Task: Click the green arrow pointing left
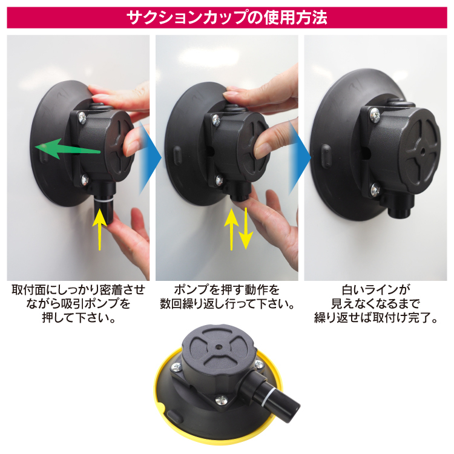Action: (x=67, y=148)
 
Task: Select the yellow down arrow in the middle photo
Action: (x=246, y=228)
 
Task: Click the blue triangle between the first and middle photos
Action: (x=150, y=158)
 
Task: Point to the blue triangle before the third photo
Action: (x=300, y=158)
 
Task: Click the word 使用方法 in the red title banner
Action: (x=295, y=18)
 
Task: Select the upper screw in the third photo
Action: (x=375, y=115)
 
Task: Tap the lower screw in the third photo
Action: (x=375, y=189)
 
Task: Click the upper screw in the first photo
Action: (x=82, y=119)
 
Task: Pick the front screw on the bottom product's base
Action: (x=221, y=400)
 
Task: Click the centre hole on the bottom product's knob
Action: (x=219, y=346)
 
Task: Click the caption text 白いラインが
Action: (x=376, y=289)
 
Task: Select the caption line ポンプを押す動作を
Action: (x=227, y=289)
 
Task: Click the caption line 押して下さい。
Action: (x=79, y=318)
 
